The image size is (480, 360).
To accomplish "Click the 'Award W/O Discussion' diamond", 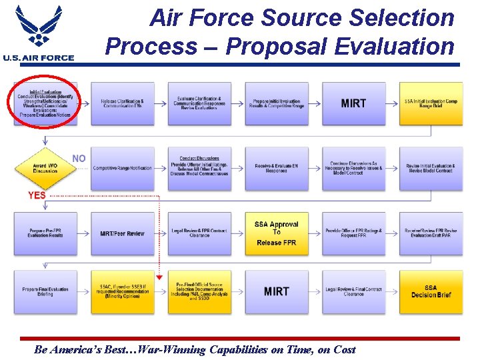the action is tap(45, 167).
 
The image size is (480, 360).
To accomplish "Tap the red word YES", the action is tap(37, 195).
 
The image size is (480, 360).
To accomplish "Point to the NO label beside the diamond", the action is tap(79, 159).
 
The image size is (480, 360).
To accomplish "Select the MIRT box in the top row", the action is tap(353, 103).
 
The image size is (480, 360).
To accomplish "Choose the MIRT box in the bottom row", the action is tap(276, 291).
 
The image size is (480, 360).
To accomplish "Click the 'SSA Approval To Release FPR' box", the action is tap(276, 233).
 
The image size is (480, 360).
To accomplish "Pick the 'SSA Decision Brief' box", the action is tap(431, 291).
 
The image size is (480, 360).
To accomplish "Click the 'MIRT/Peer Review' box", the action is tap(122, 233).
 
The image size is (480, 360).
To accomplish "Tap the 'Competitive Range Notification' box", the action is tap(122, 168).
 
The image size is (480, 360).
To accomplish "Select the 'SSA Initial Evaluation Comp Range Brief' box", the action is tap(431, 103).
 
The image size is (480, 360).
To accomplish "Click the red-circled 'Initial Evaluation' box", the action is tap(46, 103).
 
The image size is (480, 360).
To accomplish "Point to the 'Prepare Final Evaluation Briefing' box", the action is tap(45, 291).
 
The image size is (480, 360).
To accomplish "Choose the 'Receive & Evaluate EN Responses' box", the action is tap(276, 168).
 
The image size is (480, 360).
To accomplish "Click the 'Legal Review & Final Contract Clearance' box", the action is tap(353, 291).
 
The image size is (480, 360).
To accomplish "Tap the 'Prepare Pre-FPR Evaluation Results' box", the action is tap(45, 233).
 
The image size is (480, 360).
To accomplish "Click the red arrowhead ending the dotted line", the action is tap(159, 277).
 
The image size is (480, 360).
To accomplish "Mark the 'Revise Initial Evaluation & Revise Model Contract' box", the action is tap(431, 168).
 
